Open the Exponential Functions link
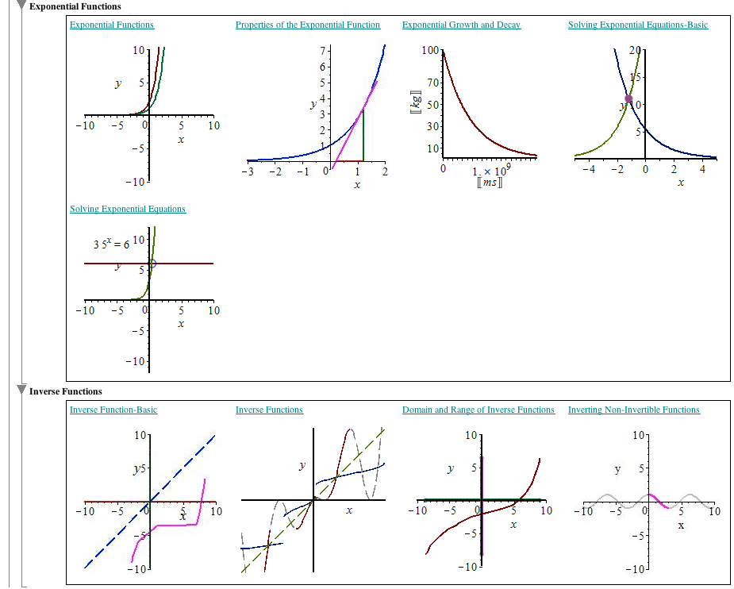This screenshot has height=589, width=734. click(112, 25)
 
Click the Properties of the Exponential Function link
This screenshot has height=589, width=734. click(308, 25)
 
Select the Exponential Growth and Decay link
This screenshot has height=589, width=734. click(461, 25)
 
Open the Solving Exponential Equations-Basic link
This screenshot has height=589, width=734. click(638, 25)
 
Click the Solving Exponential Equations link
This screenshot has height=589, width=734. click(128, 210)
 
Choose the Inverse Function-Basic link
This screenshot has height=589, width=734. click(113, 410)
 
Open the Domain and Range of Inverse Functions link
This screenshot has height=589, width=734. click(478, 410)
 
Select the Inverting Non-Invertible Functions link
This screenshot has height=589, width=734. click(633, 410)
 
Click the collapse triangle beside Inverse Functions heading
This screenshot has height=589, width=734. click(21, 391)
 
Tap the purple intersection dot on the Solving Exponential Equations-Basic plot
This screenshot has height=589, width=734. click(628, 99)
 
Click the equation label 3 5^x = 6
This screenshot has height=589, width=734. click(111, 244)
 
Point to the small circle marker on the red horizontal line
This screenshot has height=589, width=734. click(153, 263)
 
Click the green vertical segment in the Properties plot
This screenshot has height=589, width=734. click(363, 135)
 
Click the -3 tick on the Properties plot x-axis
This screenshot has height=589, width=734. click(250, 173)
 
